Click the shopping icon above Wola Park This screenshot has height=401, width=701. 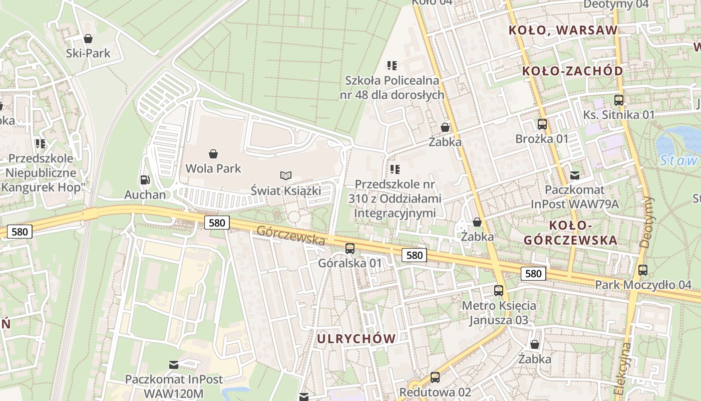213,153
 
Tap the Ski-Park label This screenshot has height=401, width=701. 88,53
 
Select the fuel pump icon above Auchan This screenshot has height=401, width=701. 145,179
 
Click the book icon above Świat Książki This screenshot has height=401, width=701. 286,175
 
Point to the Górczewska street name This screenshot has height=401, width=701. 291,235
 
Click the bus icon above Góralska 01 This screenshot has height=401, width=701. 350,248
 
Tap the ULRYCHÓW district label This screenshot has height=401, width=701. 356,338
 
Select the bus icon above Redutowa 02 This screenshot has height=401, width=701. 435,377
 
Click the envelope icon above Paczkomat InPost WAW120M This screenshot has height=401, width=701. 174,364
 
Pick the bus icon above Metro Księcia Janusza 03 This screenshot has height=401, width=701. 499,290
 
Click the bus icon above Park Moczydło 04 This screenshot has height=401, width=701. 643,270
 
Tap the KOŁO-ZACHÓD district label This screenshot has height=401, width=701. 572,71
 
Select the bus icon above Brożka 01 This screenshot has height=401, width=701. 542,124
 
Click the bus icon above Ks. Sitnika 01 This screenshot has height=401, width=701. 619,100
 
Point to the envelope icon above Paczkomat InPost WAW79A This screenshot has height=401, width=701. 575,175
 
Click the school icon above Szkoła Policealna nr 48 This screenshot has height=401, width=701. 392,65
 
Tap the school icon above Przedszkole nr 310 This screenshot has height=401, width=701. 395,169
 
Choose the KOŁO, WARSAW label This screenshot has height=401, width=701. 563,30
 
